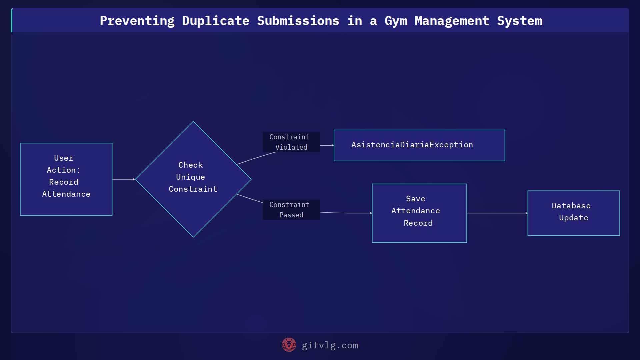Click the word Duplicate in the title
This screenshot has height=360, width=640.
point(215,21)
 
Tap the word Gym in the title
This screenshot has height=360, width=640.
point(396,21)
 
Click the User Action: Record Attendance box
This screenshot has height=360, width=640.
point(66,179)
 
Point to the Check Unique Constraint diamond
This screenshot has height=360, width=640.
point(193,179)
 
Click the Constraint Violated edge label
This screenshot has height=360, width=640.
point(291,142)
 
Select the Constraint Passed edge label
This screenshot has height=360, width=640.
point(291,210)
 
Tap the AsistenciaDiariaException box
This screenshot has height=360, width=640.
point(419,145)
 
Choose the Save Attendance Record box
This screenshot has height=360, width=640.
point(419,213)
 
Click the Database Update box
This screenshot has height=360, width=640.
point(573,213)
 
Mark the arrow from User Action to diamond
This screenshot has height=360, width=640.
point(123,179)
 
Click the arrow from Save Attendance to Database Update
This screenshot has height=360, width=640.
point(497,213)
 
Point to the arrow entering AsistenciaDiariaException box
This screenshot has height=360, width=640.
point(327,145)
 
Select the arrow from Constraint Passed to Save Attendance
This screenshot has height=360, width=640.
point(347,213)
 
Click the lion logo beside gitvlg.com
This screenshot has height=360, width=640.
point(289,345)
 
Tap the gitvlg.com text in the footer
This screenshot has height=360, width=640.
point(330,345)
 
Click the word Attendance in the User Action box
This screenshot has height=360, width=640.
point(66,194)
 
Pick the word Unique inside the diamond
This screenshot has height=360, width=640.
point(190,177)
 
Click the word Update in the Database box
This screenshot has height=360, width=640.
point(573,218)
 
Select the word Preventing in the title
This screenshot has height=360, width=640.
point(137,21)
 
